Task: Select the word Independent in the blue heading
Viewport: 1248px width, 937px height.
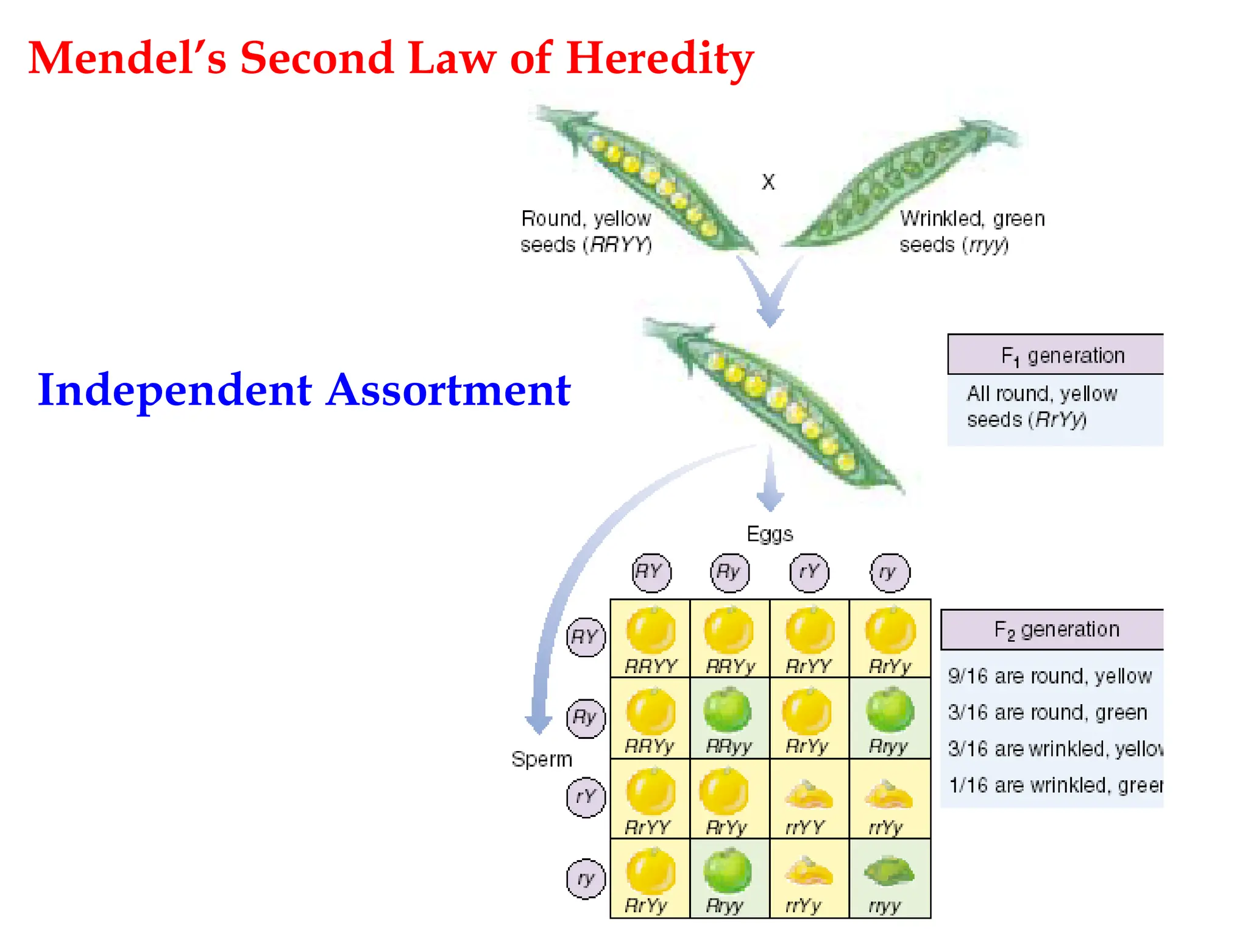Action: [175, 390]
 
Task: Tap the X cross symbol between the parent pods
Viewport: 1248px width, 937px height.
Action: [768, 182]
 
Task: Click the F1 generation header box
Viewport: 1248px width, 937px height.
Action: [1055, 355]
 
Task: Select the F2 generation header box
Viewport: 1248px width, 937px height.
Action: [1053, 629]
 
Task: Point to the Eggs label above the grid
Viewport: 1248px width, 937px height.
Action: [770, 534]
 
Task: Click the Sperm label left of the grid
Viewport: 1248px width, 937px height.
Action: [542, 760]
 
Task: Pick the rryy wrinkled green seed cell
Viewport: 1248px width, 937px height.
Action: [890, 878]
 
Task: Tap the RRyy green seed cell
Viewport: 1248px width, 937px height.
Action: [729, 718]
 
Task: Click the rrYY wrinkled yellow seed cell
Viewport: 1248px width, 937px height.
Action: [809, 799]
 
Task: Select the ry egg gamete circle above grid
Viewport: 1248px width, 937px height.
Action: [890, 572]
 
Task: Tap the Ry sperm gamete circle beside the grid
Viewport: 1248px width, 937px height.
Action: [586, 718]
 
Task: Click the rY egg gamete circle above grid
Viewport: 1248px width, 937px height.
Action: [809, 572]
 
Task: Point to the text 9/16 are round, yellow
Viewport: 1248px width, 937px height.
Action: [1049, 676]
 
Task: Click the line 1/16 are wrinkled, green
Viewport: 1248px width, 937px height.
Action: [1054, 785]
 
